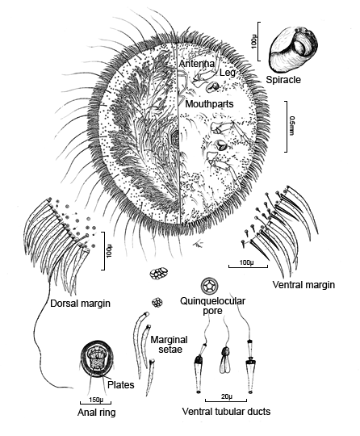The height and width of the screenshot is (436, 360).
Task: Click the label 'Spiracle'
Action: point(283,80)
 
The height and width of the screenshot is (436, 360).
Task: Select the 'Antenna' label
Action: point(196,64)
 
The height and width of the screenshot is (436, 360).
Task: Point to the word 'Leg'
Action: point(228,73)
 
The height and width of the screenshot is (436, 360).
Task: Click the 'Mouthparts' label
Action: point(209,104)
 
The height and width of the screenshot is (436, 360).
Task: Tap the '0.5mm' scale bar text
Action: point(291,126)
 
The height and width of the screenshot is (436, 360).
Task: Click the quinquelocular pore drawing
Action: point(209,286)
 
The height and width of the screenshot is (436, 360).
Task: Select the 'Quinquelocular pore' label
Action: point(212,305)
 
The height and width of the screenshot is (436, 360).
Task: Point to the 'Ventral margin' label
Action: point(303,285)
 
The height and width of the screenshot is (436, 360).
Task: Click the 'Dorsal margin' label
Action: point(80,303)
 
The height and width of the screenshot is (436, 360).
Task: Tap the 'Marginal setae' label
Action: point(169,344)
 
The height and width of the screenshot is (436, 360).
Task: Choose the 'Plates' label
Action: point(121,385)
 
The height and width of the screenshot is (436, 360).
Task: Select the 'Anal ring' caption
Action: point(97,412)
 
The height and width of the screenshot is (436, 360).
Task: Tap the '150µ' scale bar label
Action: point(96,400)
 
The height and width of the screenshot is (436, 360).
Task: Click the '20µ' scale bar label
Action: point(227,396)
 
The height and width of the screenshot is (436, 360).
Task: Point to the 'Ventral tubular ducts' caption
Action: point(226,411)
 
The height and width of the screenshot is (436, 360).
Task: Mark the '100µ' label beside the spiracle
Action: point(253,41)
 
